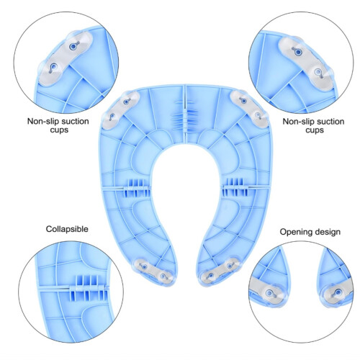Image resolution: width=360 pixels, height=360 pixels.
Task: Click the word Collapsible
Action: tap(67, 229)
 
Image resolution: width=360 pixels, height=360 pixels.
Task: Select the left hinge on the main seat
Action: tap(136, 188)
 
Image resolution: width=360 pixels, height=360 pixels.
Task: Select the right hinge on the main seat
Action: tap(235, 187)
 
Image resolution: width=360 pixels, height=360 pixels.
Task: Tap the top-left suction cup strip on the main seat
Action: tap(120, 109)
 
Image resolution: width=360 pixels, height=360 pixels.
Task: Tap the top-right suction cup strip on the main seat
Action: tap(250, 109)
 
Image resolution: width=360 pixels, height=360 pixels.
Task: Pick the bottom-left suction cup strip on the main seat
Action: tap(153, 271)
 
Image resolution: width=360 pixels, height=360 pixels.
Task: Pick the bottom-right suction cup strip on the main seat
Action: tap(218, 271)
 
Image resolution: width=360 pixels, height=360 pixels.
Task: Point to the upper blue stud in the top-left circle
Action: tap(73, 46)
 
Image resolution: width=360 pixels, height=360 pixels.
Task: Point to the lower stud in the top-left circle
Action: tap(53, 68)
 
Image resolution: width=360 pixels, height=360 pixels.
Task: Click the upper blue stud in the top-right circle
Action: tap(297, 52)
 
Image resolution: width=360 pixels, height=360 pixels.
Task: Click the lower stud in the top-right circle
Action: tap(318, 72)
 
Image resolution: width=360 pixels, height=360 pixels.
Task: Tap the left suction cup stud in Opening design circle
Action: tap(269, 293)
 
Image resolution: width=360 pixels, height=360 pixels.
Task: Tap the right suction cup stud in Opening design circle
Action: tap(338, 293)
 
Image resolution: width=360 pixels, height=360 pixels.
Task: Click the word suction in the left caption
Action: tap(73, 122)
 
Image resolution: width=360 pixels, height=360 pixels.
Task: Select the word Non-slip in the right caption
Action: tap(297, 122)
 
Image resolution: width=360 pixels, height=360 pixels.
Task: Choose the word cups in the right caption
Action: tap(315, 130)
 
